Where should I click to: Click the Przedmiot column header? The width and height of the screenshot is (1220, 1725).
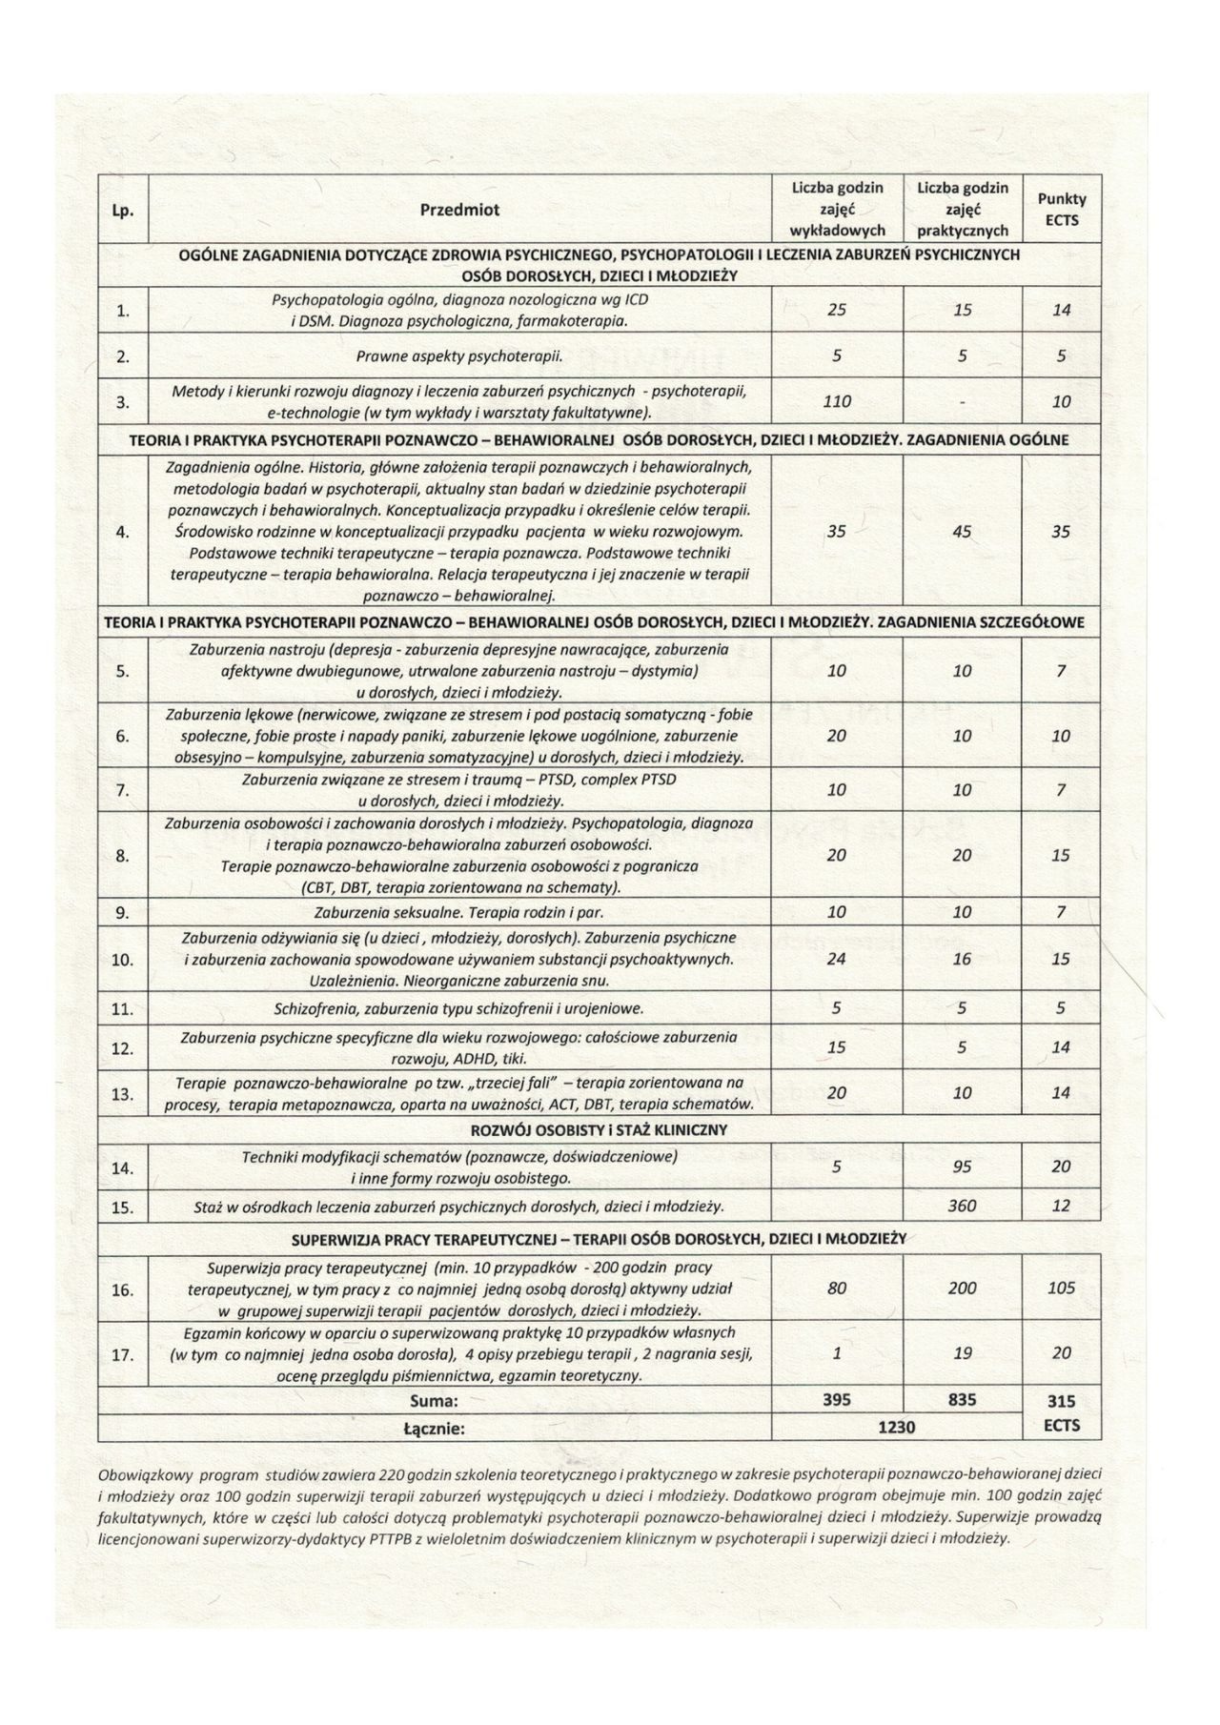[459, 210]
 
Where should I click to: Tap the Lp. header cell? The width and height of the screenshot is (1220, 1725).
[124, 210]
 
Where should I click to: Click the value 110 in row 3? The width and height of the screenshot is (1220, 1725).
[836, 402]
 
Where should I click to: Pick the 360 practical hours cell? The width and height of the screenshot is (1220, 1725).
[962, 1206]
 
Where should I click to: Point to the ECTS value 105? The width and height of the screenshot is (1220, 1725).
[1061, 1289]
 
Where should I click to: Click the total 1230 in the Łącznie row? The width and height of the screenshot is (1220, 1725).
[897, 1427]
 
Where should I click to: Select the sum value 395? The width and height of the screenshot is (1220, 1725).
[836, 1401]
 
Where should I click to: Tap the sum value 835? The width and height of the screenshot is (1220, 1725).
[962, 1401]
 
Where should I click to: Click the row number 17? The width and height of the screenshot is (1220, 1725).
[124, 1354]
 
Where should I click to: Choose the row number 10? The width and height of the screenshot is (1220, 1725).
[124, 960]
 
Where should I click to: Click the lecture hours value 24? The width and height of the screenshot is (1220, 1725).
[836, 959]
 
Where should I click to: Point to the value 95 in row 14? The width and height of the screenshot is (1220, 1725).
[962, 1167]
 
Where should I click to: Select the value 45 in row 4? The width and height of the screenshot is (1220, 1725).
[962, 532]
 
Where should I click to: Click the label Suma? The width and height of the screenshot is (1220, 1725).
[434, 1401]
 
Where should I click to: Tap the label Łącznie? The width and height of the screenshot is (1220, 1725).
[434, 1428]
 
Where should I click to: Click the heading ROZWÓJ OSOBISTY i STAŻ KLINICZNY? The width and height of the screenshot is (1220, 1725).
[600, 1130]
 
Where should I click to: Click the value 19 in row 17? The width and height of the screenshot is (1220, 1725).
[962, 1353]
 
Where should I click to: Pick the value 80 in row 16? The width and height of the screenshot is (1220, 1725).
[836, 1289]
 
